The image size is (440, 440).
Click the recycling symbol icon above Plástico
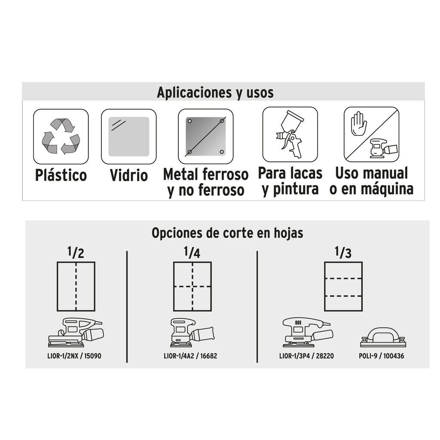[x=61, y=136]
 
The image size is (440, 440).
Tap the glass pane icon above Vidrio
[x=129, y=137]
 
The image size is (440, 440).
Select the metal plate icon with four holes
[x=206, y=137]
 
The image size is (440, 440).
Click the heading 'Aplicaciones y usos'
[x=215, y=92]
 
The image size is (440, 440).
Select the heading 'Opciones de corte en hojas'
[x=227, y=233]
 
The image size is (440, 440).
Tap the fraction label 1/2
[x=76, y=252]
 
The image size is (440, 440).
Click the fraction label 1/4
[x=192, y=252]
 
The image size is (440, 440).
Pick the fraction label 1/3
[x=343, y=252]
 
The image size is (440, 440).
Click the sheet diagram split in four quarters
[x=192, y=287]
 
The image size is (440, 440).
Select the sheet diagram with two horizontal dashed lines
[x=343, y=287]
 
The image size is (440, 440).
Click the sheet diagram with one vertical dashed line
[x=76, y=287]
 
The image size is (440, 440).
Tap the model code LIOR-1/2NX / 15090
[x=74, y=356]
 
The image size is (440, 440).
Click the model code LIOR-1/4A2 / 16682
[x=190, y=356]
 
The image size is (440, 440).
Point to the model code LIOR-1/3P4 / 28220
[x=306, y=356]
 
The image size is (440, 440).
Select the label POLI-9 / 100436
[x=382, y=356]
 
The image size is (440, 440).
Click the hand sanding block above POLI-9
[x=383, y=338]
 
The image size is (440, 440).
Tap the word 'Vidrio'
[x=129, y=175]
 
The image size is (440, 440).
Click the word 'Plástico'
[x=61, y=175]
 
